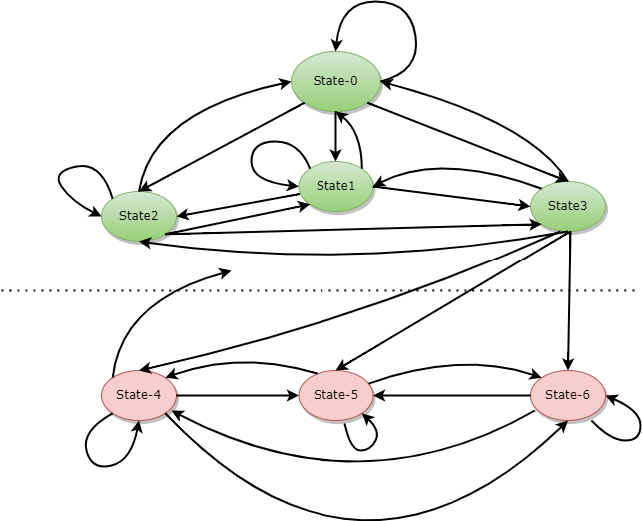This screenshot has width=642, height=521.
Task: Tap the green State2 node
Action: [x=139, y=215]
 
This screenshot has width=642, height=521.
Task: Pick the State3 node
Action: [x=567, y=206]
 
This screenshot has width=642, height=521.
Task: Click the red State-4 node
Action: [x=139, y=395]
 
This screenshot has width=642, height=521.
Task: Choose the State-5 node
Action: [x=335, y=395]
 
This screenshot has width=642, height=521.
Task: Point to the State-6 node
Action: [x=567, y=395]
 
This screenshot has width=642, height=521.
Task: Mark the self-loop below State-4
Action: [x=96, y=444]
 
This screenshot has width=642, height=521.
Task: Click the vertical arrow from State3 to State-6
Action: [x=569, y=299]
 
